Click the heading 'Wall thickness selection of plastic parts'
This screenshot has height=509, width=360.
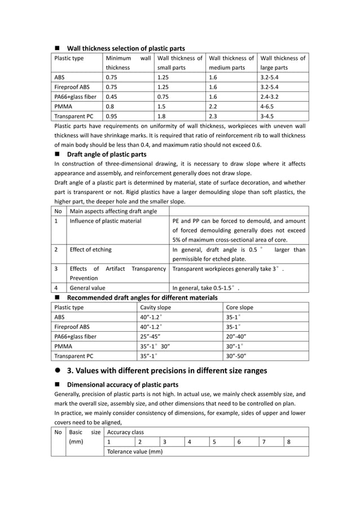pyautogui.click(x=125, y=48)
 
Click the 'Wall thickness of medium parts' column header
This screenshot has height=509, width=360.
pyautogui.click(x=231, y=63)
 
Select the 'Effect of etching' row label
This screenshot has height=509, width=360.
pyautogui.click(x=90, y=249)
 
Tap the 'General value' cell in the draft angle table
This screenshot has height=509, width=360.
pyautogui.click(x=87, y=288)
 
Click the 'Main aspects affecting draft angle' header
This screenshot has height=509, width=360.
pyautogui.click(x=113, y=211)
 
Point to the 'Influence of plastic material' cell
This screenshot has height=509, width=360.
pyautogui.click(x=105, y=221)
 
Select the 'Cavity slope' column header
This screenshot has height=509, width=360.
pyautogui.click(x=155, y=308)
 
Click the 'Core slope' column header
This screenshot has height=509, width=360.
pyautogui.click(x=239, y=308)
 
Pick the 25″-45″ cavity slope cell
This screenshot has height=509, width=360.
pyautogui.click(x=151, y=336)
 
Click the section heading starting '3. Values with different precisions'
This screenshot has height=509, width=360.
pyautogui.click(x=166, y=371)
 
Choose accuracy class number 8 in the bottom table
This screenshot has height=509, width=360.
pyautogui.click(x=288, y=442)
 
